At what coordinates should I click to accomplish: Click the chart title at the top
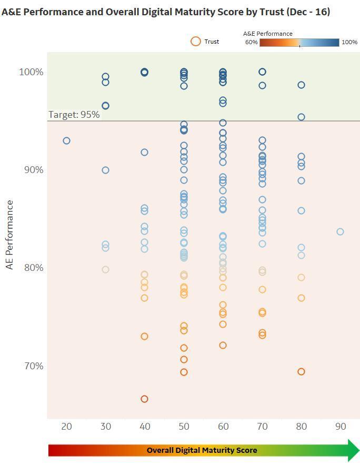[x=166, y=12]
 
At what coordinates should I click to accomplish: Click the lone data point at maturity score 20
[x=66, y=140]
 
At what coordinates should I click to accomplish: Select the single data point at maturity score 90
[x=340, y=231]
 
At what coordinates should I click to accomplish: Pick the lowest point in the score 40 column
[x=144, y=399]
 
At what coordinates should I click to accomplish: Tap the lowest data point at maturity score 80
[x=301, y=371]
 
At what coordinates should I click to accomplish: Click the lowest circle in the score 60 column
[x=223, y=345]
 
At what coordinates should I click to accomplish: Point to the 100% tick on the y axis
[x=31, y=72]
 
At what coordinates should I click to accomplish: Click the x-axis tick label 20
[x=66, y=426]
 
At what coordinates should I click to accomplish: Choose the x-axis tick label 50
[x=184, y=426]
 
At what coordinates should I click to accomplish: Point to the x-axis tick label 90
[x=340, y=426]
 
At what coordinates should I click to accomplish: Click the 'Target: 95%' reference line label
[x=74, y=115]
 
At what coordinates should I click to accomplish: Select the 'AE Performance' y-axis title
[x=9, y=235]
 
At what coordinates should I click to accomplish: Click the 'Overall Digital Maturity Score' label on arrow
[x=202, y=450]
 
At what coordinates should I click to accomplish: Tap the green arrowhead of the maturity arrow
[x=351, y=450]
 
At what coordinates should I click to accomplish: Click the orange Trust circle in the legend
[x=196, y=42]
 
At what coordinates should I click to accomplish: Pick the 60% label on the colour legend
[x=251, y=42]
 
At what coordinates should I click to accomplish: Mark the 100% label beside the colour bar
[x=349, y=42]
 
